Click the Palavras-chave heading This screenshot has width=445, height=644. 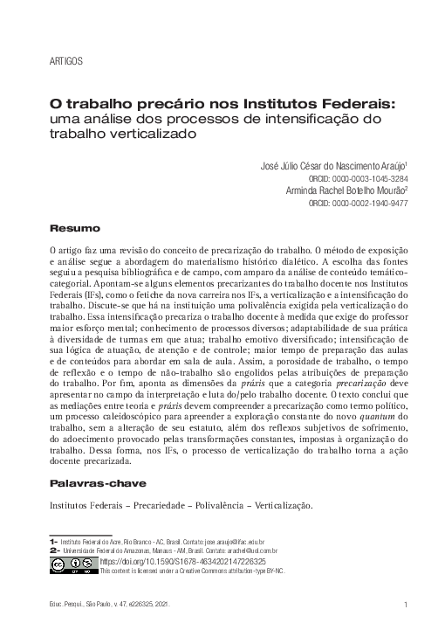(x=97, y=482)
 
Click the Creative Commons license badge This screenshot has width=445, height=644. (x=72, y=565)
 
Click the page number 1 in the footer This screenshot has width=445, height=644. (x=407, y=604)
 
